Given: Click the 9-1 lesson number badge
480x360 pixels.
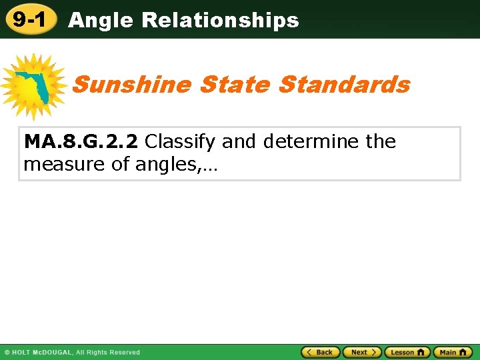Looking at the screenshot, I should (29, 19).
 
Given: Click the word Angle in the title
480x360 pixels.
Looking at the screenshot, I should (101, 21).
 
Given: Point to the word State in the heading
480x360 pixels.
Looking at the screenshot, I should (235, 85).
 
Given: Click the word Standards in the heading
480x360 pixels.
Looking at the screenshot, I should (344, 85).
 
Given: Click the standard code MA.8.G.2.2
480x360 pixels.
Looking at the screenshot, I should (81, 141).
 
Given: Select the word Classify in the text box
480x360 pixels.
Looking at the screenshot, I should (180, 141).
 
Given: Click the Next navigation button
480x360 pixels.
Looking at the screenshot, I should (362, 352).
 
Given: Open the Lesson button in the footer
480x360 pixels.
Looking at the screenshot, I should (407, 352).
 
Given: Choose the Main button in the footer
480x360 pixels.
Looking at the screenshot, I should (453, 352).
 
